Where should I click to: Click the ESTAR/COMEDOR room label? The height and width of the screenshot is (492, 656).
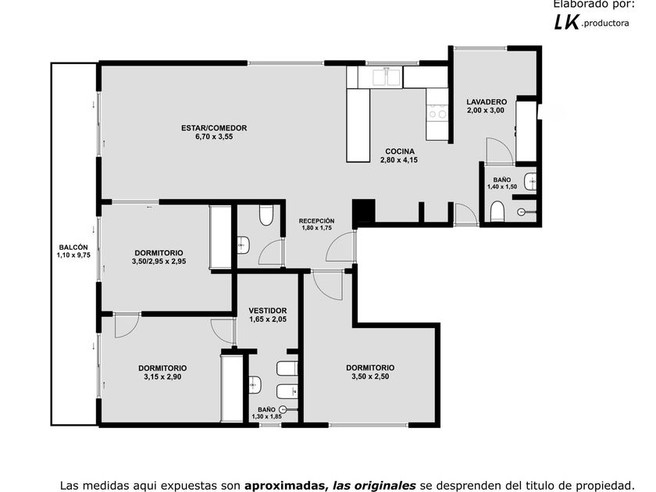point(214,128)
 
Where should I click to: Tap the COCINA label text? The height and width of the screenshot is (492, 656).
point(400,152)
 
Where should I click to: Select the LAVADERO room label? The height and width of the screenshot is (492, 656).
point(487,102)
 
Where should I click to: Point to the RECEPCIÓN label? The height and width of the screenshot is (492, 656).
point(317,221)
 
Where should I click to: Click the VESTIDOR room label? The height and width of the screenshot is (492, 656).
point(268,311)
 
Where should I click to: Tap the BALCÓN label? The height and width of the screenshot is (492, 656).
point(73,248)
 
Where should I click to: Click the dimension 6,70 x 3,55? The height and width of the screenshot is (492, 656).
point(214,137)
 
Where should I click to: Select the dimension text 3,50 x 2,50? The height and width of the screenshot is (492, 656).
point(370,376)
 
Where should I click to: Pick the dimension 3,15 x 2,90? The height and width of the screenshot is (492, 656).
point(162,377)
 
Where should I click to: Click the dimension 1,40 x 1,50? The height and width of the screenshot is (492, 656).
point(502,187)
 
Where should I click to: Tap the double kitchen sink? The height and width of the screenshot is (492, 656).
point(387,77)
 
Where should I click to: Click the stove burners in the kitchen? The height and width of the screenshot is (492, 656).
point(437,112)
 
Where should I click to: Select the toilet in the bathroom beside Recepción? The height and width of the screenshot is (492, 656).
point(266,216)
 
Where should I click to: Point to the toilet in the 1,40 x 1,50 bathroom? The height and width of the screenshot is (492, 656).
point(497,212)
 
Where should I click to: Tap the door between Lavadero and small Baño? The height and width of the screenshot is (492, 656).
point(500,151)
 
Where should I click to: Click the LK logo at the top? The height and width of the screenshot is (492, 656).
point(567,22)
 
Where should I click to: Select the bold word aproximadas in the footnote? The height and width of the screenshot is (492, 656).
point(284,485)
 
